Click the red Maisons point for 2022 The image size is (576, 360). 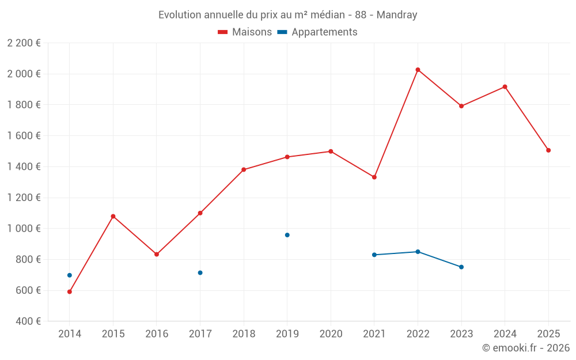click(418, 70)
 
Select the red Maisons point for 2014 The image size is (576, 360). click(70, 291)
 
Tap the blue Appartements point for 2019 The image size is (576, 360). click(287, 235)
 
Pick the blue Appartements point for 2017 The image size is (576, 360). click(200, 272)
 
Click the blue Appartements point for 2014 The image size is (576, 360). click(70, 275)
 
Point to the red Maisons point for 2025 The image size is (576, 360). click(548, 150)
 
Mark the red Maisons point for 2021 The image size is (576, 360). click(374, 177)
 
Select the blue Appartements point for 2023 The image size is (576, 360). click(461, 267)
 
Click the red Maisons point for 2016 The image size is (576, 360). click(157, 254)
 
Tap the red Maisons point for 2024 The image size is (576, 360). click(505, 87)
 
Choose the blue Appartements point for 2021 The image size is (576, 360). click(374, 255)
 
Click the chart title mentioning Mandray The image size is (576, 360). click(288, 15)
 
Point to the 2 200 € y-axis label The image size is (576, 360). click(24, 43)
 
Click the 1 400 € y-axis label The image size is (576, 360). click(24, 166)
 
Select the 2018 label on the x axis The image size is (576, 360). click(244, 334)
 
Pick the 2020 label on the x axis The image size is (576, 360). click(331, 334)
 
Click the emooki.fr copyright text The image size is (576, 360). click(526, 348)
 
